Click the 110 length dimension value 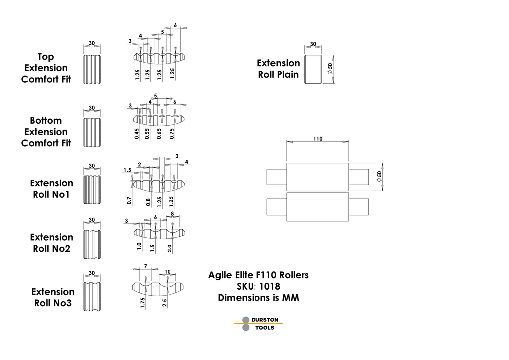318,139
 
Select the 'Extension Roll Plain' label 278,69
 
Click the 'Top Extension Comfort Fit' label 46,68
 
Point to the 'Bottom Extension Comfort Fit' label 46,132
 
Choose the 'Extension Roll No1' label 51,189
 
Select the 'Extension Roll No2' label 51,243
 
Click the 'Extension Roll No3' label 52,297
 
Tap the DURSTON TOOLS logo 258,324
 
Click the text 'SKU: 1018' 258,286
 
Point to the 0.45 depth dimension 137,134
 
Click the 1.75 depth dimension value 143,303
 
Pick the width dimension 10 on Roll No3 167,271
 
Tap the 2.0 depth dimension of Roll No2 170,248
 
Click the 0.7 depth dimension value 129,200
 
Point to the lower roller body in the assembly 318,207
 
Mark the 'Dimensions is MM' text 258,298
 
